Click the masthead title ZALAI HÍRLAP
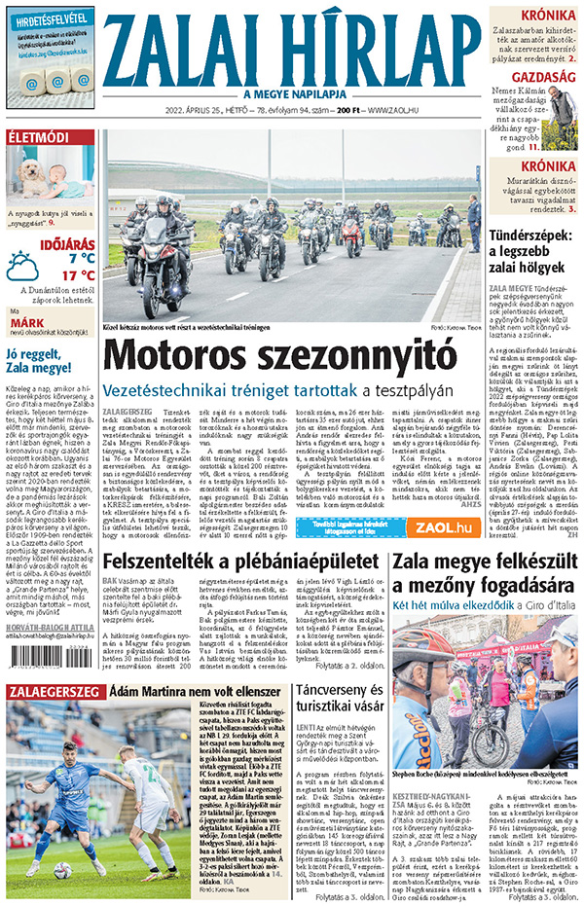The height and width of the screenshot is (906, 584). [291, 49]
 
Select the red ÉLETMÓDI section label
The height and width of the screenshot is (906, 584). [38, 137]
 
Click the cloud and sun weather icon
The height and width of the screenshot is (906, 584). [22, 266]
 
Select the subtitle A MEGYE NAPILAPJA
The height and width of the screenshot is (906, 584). [291, 93]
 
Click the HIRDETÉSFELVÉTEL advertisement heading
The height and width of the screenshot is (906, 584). [50, 17]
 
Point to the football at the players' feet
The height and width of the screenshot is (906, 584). [61, 869]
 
